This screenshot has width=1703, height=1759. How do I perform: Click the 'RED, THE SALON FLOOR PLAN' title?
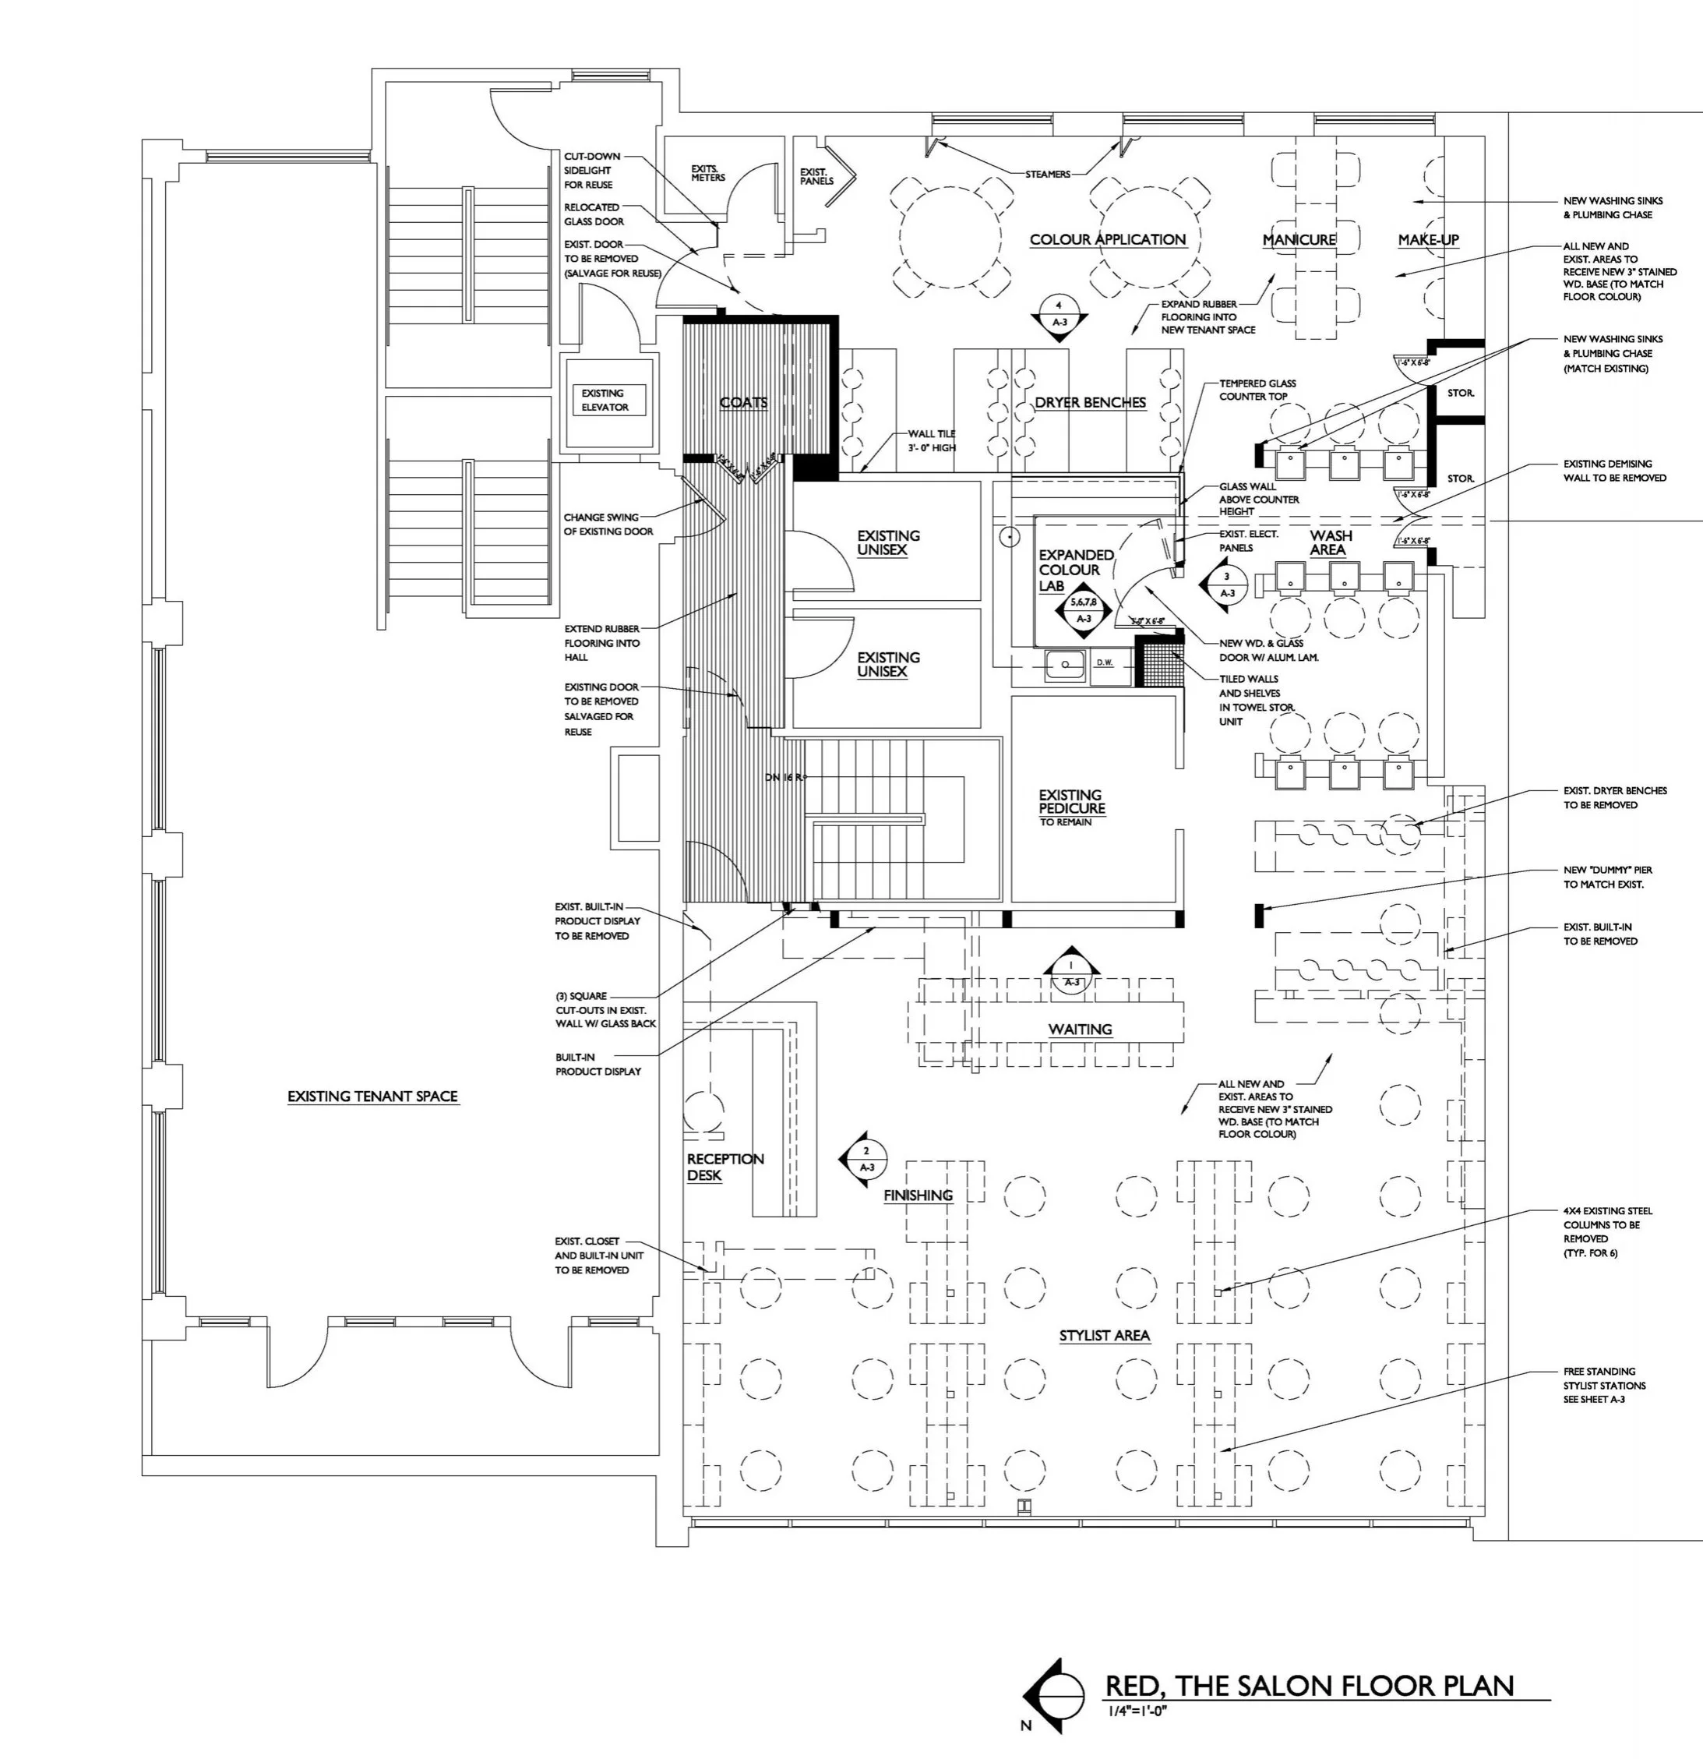[x=1309, y=1686]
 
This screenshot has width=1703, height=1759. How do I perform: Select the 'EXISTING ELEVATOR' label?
[x=604, y=401]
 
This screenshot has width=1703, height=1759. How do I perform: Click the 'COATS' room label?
[x=743, y=403]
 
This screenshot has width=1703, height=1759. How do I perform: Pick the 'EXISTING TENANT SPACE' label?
[x=372, y=1097]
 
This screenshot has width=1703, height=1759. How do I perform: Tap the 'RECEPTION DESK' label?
[x=725, y=1167]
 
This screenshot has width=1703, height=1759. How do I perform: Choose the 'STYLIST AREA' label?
[x=1104, y=1335]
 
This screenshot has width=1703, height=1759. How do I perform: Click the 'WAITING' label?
[x=1080, y=1030]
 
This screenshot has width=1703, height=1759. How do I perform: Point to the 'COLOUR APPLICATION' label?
[x=1107, y=239]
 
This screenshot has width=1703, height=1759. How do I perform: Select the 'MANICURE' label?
[x=1299, y=239]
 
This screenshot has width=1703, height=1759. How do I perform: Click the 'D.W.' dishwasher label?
[x=1104, y=662]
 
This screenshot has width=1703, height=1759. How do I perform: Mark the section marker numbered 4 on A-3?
[x=1059, y=315]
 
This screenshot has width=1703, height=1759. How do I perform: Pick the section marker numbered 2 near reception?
[x=864, y=1160]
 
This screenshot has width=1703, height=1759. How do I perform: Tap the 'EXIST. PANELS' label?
[x=816, y=176]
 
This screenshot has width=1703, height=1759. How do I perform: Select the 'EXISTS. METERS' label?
[x=708, y=172]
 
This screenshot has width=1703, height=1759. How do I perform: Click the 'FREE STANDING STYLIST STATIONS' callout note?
[x=1604, y=1386]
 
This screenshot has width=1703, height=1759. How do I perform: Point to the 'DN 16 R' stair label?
[x=786, y=777]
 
